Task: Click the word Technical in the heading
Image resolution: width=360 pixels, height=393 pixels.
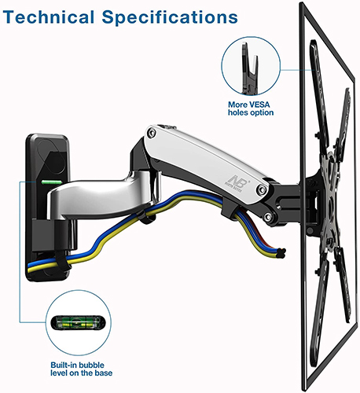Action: [x=49, y=17]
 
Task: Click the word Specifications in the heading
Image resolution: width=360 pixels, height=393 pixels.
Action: [x=170, y=17]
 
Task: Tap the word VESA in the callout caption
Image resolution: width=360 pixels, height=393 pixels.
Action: [x=259, y=105]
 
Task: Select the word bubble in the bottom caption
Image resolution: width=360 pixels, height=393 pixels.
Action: [x=92, y=365]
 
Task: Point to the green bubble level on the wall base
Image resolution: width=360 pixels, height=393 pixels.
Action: [x=51, y=182]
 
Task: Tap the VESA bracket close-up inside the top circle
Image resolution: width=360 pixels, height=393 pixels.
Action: [x=250, y=68]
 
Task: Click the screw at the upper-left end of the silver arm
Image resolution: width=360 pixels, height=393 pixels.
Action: [x=151, y=133]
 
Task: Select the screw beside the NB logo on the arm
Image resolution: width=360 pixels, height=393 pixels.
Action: [x=261, y=189]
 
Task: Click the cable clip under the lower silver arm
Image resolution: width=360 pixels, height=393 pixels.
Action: [x=147, y=217]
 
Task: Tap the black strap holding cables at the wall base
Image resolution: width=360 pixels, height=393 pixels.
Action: [x=62, y=261]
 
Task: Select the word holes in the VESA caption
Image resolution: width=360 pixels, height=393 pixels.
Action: [x=238, y=112]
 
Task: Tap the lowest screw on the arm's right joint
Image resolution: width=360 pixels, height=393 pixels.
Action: [x=268, y=216]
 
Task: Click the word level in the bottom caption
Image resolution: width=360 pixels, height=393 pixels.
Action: [x=59, y=373]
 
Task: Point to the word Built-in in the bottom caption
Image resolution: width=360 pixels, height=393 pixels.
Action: [x=64, y=365]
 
